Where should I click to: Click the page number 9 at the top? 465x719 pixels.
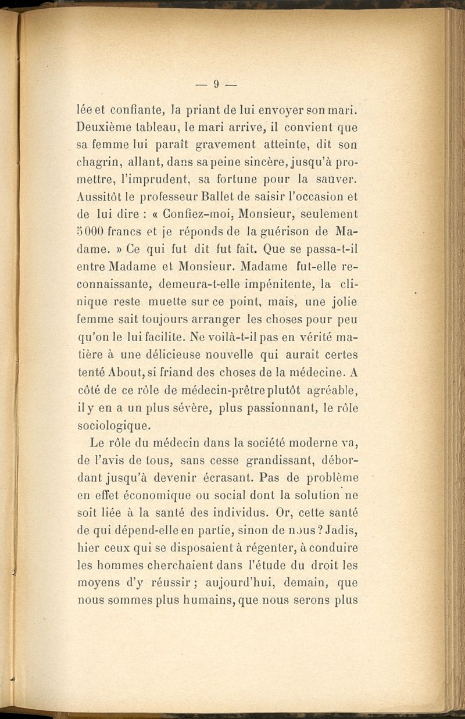[215, 85]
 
